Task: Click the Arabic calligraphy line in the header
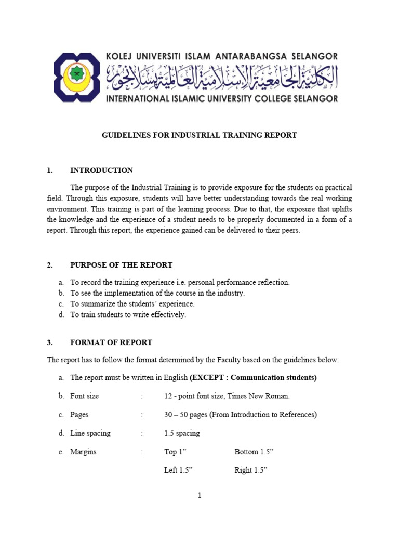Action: click(x=222, y=77)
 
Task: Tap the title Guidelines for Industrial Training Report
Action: click(x=198, y=135)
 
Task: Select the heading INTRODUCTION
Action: click(x=101, y=170)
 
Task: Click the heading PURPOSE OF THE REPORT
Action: click(x=121, y=265)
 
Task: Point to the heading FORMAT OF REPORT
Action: click(x=111, y=342)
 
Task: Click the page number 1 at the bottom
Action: click(x=199, y=496)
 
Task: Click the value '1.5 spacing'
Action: click(x=182, y=433)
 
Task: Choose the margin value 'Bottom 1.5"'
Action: click(x=254, y=452)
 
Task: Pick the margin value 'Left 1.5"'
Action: click(x=178, y=471)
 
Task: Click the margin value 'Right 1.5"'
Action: click(x=251, y=471)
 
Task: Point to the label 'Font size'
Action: click(x=84, y=396)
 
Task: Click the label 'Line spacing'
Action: click(x=90, y=433)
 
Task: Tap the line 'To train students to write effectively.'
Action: click(x=128, y=315)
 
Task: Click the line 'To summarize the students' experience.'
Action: click(x=132, y=304)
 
